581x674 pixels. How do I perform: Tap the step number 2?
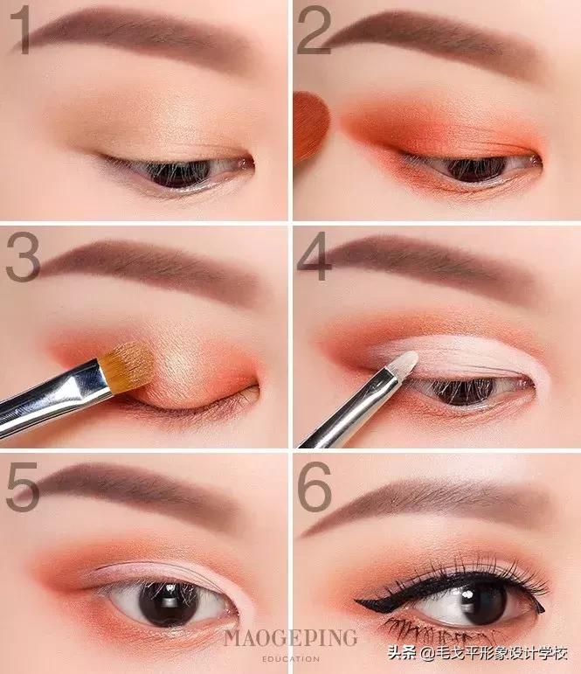click(x=315, y=30)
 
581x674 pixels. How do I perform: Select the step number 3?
click(x=23, y=257)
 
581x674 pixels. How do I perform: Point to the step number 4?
click(x=315, y=257)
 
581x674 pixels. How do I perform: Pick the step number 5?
click(x=24, y=487)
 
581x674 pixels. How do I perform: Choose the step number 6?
click(x=315, y=487)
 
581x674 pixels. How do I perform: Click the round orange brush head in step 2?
click(x=311, y=127)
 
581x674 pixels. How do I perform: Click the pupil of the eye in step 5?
click(x=169, y=603)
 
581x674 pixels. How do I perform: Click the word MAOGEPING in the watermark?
click(x=290, y=638)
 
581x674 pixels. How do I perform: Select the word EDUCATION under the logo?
click(x=290, y=658)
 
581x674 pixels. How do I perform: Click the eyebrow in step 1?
click(x=137, y=38)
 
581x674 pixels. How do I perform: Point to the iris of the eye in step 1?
click(x=178, y=173)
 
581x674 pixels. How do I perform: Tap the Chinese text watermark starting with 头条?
click(x=478, y=653)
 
